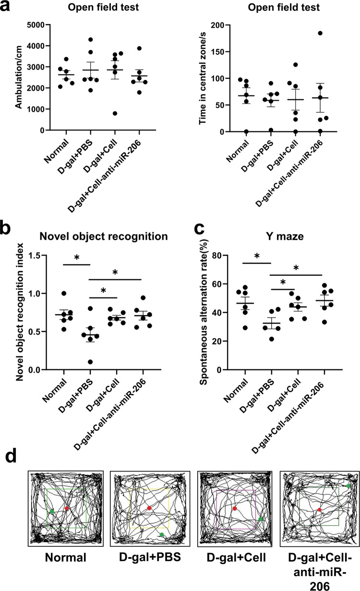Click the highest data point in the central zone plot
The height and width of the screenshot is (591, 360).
(x=306, y=33)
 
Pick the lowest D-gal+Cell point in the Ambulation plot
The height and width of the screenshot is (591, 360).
(x=101, y=113)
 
